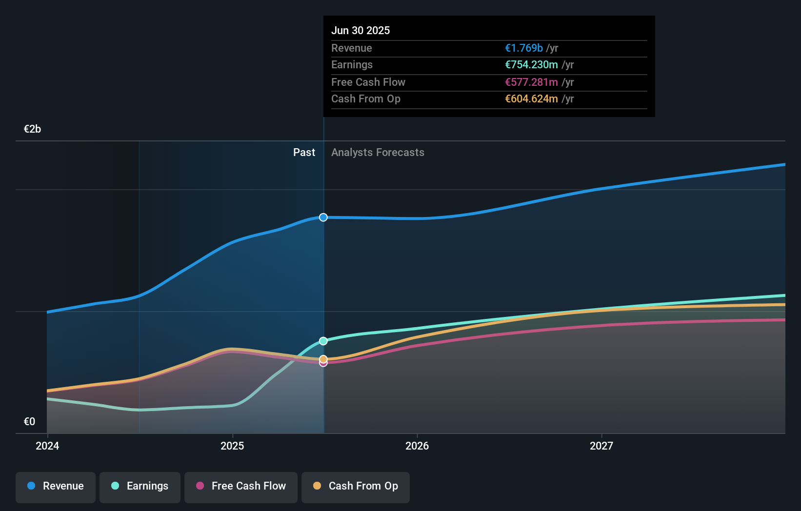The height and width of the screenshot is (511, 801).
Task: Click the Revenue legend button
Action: (x=56, y=486)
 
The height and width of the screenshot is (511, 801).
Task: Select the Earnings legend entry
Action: (x=140, y=486)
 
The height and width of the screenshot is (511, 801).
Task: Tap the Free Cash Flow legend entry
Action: (x=241, y=486)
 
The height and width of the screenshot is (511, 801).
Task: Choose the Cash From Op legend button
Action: (x=356, y=486)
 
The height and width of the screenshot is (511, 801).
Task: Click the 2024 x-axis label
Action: (x=47, y=446)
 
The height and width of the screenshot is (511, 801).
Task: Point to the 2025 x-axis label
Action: (x=232, y=446)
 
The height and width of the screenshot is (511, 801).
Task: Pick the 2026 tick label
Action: (x=417, y=446)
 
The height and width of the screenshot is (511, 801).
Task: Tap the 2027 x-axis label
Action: (x=601, y=446)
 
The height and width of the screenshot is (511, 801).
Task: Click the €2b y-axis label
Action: (x=32, y=129)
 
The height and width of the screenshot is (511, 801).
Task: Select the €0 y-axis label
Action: (x=29, y=421)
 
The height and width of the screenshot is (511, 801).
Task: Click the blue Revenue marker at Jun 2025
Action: (x=323, y=217)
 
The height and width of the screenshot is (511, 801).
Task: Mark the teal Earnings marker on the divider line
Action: (x=323, y=341)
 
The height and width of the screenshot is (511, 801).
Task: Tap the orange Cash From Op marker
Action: (x=323, y=359)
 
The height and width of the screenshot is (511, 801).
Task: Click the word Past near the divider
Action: (x=304, y=153)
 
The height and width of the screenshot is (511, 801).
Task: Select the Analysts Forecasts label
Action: (x=378, y=153)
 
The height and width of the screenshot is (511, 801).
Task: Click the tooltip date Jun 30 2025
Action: (x=360, y=30)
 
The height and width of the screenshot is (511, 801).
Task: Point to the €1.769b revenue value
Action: (x=523, y=48)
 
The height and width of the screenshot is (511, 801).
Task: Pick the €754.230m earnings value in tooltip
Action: (x=531, y=65)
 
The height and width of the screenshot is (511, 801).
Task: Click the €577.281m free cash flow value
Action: (x=531, y=82)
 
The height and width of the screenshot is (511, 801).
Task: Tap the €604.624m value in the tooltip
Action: (x=531, y=99)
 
